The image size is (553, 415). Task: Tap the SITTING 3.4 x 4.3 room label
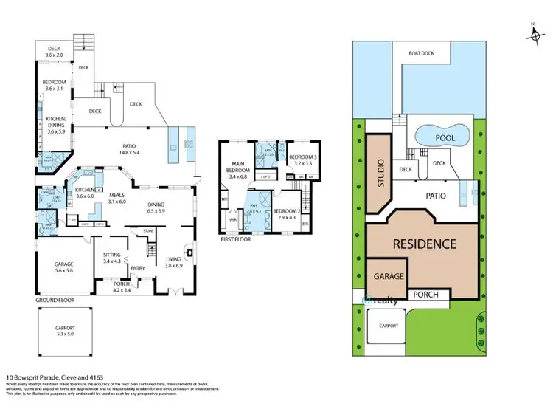tap(113, 257)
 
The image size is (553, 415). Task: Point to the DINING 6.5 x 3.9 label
tap(156, 207)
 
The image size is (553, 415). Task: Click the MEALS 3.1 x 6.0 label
tap(117, 198)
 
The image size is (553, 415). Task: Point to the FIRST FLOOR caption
tap(236, 240)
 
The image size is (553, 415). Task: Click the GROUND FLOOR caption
tap(56, 301)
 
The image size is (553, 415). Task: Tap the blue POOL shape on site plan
tap(442, 136)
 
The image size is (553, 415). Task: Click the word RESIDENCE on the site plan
tap(424, 244)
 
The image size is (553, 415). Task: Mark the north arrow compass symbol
tap(532, 33)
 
